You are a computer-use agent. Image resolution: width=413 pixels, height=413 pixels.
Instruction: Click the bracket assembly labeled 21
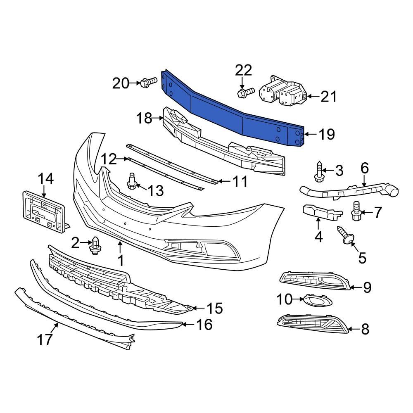(282, 93)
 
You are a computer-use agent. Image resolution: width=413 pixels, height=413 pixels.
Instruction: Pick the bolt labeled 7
(356, 211)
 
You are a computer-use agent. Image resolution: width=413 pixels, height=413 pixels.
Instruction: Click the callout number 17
(45, 339)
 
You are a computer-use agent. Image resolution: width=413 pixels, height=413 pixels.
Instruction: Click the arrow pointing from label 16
(188, 325)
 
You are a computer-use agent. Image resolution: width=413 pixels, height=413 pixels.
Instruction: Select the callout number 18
(145, 119)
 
